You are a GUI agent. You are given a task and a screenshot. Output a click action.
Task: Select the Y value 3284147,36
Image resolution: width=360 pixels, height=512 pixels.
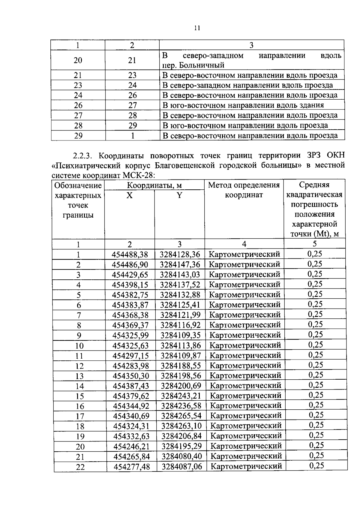pyautogui.click(x=180, y=265)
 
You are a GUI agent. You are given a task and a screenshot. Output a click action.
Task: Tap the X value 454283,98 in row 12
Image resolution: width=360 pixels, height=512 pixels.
pyautogui.click(x=130, y=366)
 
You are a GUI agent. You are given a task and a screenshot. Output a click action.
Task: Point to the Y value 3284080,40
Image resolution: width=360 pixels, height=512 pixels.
pyautogui.click(x=182, y=457)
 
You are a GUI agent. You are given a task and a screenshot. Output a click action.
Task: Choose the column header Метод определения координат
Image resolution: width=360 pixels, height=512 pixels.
pyautogui.click(x=244, y=190)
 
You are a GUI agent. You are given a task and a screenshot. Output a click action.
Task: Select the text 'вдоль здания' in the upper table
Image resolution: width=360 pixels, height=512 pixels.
pyautogui.click(x=303, y=105)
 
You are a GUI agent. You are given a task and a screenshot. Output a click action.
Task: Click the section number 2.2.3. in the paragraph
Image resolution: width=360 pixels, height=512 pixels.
pyautogui.click(x=84, y=156)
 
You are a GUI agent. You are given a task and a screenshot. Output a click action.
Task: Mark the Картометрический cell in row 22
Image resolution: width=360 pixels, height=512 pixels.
pyautogui.click(x=246, y=466)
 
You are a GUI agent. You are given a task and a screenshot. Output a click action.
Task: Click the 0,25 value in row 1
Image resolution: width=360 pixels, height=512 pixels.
pyautogui.click(x=315, y=254)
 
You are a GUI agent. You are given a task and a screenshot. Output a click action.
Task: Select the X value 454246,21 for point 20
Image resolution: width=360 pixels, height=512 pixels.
pyautogui.click(x=131, y=447)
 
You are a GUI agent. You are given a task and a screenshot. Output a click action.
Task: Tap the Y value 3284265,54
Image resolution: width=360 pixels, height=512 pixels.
pyautogui.click(x=181, y=416)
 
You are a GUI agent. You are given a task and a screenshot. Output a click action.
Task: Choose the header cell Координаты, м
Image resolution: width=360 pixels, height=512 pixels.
pyautogui.click(x=154, y=185)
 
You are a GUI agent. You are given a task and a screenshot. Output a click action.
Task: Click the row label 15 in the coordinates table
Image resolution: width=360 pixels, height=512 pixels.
pyautogui.click(x=80, y=396)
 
